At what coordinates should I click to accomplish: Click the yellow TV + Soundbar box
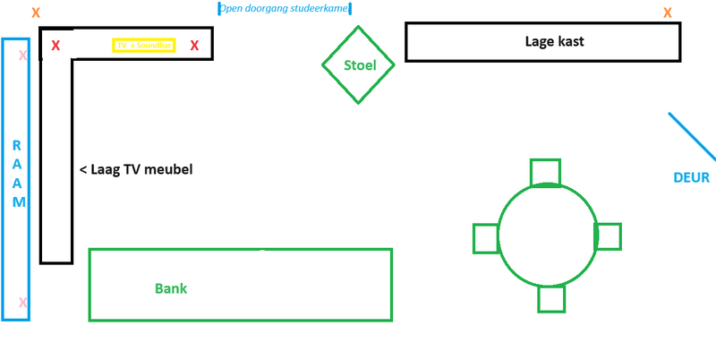point(143,45)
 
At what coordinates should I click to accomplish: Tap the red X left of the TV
point(55,45)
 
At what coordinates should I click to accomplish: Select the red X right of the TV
point(194,45)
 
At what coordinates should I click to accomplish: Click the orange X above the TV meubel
point(36,13)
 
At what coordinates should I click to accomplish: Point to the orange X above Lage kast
point(667,13)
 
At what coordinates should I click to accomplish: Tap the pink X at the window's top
point(22,56)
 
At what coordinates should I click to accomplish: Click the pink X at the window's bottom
point(22,303)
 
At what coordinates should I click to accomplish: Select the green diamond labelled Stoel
point(358,64)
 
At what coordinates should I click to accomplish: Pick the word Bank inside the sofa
point(171,288)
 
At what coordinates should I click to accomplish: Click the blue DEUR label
point(691,177)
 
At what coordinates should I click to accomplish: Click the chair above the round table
point(545,172)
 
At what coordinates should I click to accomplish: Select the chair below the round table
point(551,298)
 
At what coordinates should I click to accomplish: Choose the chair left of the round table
point(487,238)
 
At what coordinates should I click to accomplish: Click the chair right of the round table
point(608,236)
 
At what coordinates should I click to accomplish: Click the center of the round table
point(547,235)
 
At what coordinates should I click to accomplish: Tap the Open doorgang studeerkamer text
point(285,9)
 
